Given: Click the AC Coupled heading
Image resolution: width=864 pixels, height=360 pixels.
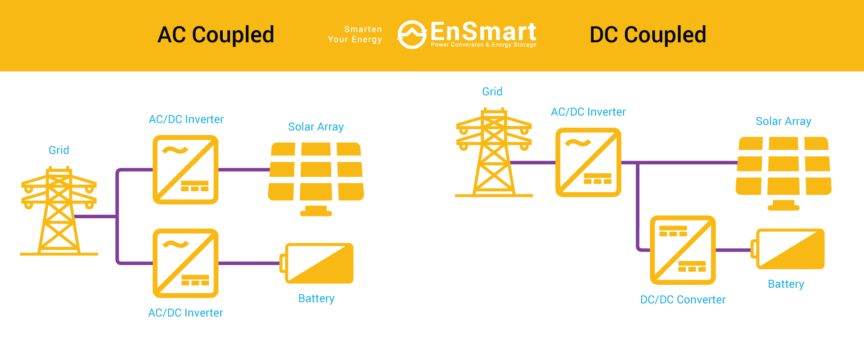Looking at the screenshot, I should [x=216, y=35].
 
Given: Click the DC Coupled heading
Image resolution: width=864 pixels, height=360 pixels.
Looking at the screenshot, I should [x=648, y=35].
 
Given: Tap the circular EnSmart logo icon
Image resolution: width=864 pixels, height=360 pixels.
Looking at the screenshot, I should [x=411, y=35].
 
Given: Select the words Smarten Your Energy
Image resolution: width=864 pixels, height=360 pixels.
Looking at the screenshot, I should [x=355, y=35].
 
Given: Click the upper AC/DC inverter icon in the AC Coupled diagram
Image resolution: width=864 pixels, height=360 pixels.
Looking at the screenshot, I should [x=185, y=170].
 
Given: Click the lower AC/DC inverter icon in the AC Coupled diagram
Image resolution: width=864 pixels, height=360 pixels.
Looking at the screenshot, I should [x=185, y=263].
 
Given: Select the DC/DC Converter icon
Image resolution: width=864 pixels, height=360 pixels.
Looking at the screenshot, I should [x=683, y=250].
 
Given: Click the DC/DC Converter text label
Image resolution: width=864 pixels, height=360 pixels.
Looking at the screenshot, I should [x=683, y=300].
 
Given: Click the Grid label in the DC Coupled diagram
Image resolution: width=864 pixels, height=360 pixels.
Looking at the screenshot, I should [x=492, y=92].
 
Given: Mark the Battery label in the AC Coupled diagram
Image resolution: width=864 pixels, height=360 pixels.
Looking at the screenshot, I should [x=316, y=299].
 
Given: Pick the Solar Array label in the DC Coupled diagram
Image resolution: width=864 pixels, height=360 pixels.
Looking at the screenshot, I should [x=783, y=121].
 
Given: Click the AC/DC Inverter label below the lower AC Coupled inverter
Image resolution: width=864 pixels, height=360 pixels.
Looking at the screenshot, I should [x=185, y=313].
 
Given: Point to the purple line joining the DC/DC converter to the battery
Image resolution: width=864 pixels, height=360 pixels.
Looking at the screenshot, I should [x=733, y=250].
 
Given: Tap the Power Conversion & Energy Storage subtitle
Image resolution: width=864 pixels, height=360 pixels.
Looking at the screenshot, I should [x=483, y=45].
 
